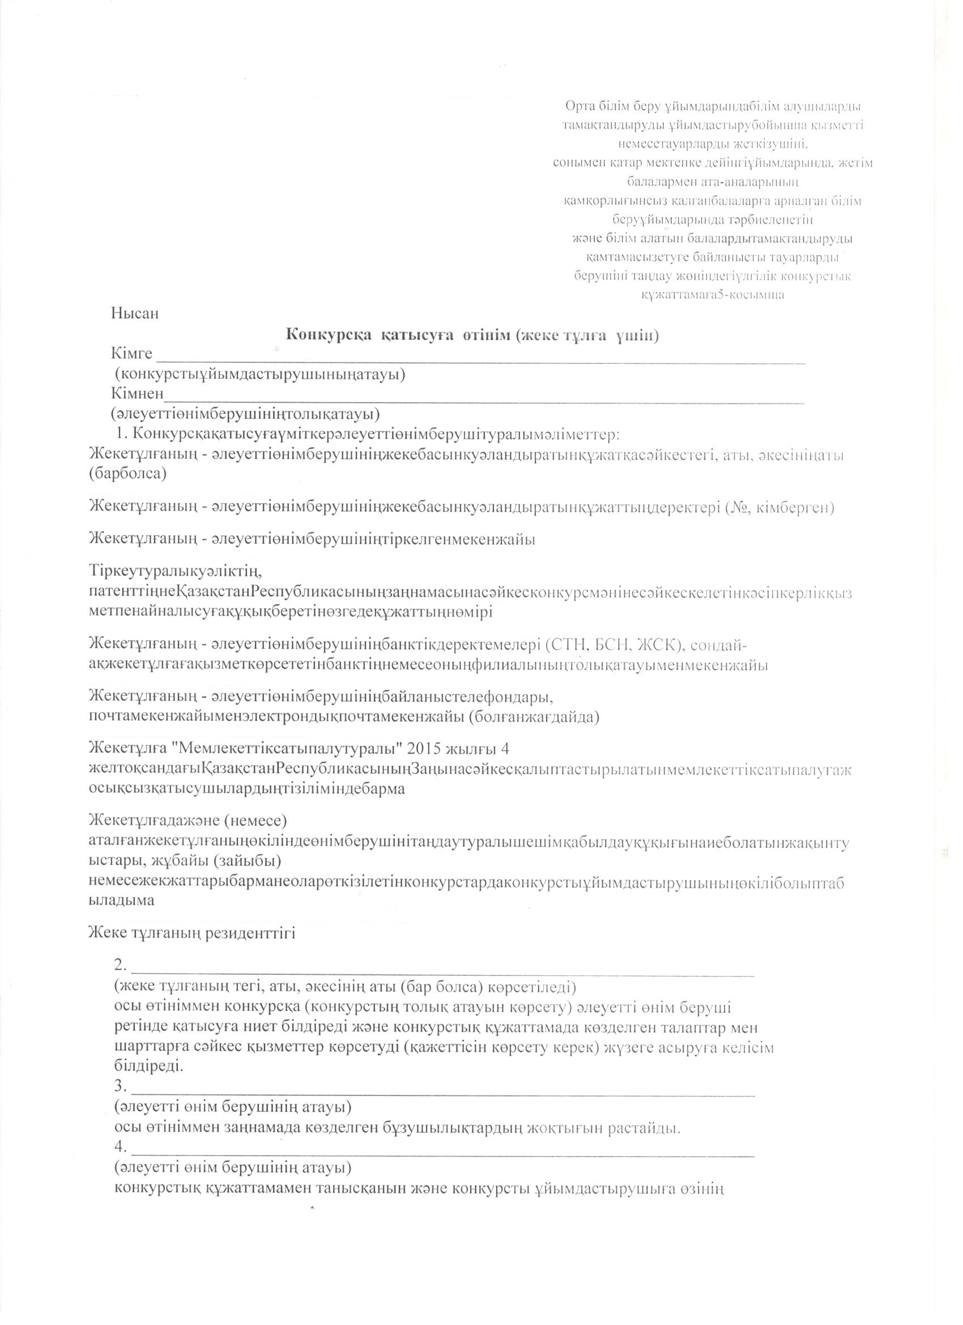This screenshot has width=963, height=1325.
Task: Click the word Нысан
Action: pyautogui.click(x=135, y=314)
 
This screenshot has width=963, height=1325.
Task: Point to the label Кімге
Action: pyautogui.click(x=131, y=355)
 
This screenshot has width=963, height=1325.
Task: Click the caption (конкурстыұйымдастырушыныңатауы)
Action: pyautogui.click(x=260, y=375)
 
